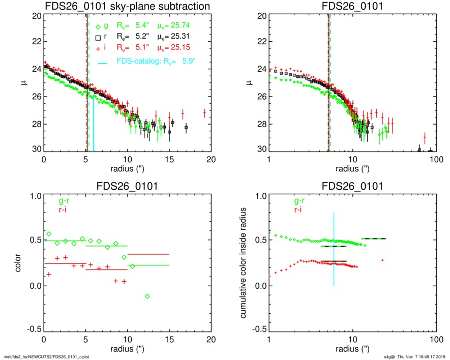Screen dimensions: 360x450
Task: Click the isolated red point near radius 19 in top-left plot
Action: point(204,112)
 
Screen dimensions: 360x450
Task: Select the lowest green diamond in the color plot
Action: point(147,296)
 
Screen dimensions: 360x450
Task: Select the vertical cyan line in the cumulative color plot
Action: point(334,249)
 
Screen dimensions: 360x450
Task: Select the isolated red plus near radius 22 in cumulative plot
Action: point(382,260)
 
